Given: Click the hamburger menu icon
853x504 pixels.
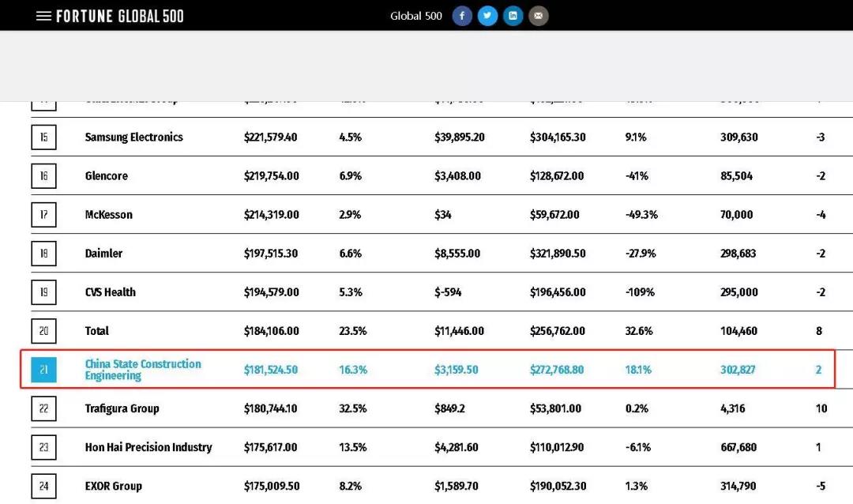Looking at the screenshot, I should (x=43, y=16).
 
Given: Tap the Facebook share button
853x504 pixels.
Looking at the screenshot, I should (x=462, y=16).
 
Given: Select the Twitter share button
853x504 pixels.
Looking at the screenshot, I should (x=487, y=16).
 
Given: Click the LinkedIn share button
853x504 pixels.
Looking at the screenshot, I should (x=513, y=16).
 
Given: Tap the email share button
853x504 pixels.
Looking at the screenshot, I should (x=538, y=16).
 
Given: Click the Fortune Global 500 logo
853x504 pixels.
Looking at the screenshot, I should (x=120, y=16).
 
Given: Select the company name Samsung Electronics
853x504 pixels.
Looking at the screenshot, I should (x=133, y=137).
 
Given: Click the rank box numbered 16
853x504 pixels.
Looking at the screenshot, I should (x=43, y=176).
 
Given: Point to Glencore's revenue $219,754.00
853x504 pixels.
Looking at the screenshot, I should (x=271, y=176).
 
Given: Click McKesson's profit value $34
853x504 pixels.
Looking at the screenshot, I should (x=443, y=215).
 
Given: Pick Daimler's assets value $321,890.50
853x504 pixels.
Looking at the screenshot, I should (x=557, y=254).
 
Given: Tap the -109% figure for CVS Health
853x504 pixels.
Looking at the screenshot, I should (x=640, y=292).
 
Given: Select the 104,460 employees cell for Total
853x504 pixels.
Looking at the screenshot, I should (x=738, y=331).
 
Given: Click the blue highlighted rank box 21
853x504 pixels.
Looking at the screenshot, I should (x=43, y=370).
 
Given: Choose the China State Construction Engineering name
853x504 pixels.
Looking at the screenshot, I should (x=143, y=370).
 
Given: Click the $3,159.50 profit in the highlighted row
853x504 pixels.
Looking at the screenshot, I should (x=456, y=370).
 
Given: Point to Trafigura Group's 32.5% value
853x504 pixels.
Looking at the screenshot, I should (x=352, y=408).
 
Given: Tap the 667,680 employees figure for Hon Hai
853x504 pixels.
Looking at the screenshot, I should (x=738, y=447).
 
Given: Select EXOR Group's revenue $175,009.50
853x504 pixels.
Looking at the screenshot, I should (x=271, y=486).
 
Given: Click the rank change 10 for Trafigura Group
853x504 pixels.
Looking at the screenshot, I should (x=821, y=408).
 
